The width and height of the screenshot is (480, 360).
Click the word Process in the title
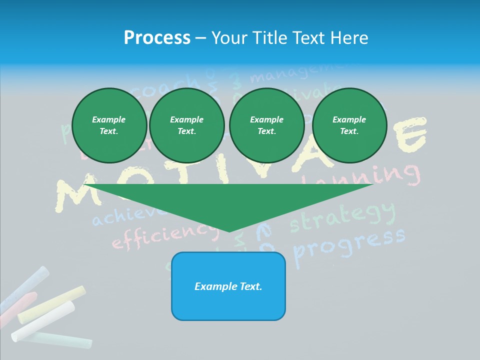pyautogui.click(x=157, y=37)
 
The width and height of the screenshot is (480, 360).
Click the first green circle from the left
pyautogui.click(x=109, y=125)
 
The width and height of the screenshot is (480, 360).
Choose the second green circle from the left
pyautogui.click(x=187, y=125)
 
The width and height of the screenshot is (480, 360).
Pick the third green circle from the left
pyautogui.click(x=267, y=125)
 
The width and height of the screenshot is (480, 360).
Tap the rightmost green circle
pyautogui.click(x=349, y=125)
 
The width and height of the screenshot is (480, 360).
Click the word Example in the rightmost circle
pyautogui.click(x=349, y=119)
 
